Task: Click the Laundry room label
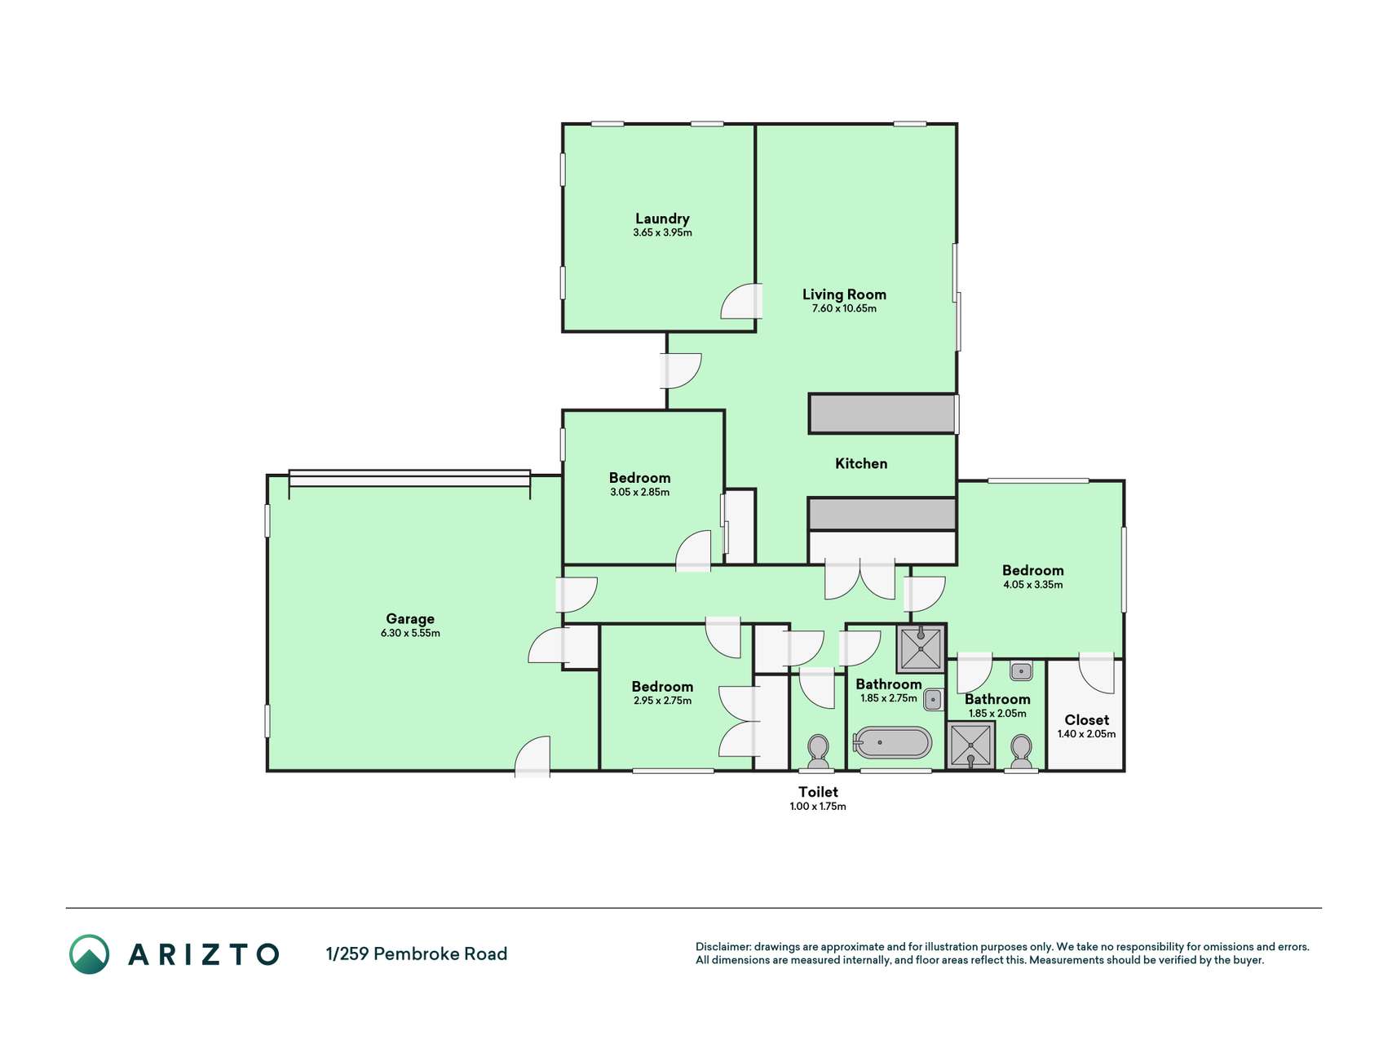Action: point(662,219)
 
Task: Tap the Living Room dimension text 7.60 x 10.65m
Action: point(844,308)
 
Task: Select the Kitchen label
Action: point(861,463)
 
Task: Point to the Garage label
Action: point(410,619)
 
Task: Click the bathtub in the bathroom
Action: point(892,742)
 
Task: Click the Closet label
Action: point(1086,720)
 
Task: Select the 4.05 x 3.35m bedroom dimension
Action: point(1033,585)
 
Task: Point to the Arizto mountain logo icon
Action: point(89,954)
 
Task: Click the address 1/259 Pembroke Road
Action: point(417,953)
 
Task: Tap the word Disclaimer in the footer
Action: point(723,947)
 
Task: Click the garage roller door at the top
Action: point(409,478)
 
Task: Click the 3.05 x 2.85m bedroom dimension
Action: point(640,493)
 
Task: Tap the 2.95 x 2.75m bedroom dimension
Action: point(662,701)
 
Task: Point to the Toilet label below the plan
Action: point(818,792)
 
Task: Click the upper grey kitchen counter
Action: point(882,414)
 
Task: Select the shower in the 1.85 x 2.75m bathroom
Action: point(921,648)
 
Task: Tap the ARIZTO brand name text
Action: point(204,954)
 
